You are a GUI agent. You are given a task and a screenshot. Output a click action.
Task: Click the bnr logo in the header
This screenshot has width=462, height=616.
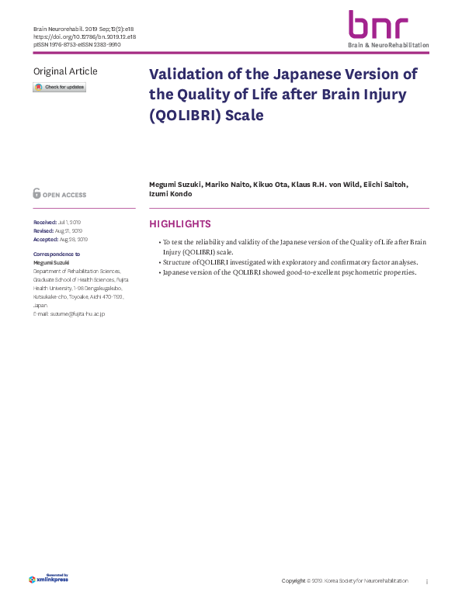point(377,26)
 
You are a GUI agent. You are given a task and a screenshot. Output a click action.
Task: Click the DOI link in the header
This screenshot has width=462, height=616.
point(85,36)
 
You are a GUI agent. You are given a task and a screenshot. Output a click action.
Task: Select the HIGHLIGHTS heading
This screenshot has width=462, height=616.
point(179,224)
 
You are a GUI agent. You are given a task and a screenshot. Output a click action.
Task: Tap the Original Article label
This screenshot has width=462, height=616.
point(65,71)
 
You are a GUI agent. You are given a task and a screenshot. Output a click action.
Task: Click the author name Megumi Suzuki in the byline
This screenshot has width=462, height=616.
point(175,185)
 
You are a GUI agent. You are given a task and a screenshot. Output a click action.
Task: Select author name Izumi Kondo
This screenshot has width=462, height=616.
point(170,194)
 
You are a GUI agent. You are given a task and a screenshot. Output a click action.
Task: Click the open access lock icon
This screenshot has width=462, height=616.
point(36,194)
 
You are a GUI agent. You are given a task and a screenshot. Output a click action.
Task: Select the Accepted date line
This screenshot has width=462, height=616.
point(61,240)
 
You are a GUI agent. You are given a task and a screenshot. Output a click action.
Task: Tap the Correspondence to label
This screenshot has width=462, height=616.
point(56,254)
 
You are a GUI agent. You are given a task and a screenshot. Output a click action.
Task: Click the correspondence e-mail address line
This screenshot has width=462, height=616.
point(68,313)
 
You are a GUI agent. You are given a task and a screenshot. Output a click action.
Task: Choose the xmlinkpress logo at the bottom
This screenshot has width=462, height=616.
point(48,578)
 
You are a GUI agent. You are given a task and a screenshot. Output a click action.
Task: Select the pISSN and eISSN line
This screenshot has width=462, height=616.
point(76,44)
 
